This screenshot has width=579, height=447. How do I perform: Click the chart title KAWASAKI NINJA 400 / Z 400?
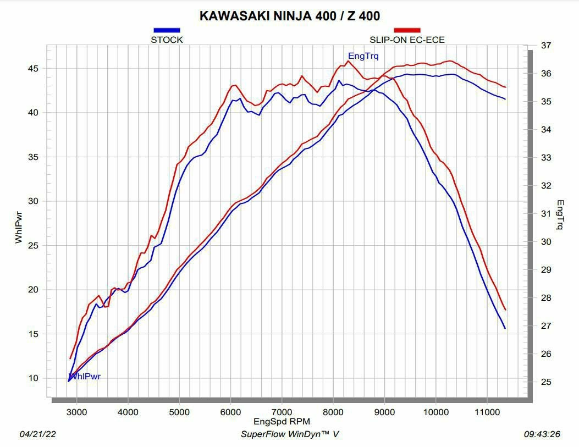pos(289,15)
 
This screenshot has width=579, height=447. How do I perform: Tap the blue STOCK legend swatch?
pos(167,30)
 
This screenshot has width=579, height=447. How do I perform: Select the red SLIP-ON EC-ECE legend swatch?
pos(407,30)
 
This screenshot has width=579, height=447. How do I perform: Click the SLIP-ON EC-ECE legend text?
pos(407,40)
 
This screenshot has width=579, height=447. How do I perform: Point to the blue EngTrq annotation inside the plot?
pos(363,56)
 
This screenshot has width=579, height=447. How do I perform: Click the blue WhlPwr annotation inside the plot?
pos(85,377)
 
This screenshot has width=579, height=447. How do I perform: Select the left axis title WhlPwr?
pos(19,227)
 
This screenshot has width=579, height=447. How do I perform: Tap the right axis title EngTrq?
pos(560,214)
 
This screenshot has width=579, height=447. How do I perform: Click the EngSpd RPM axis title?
pos(282,422)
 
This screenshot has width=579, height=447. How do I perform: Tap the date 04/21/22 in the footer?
pos(38,434)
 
